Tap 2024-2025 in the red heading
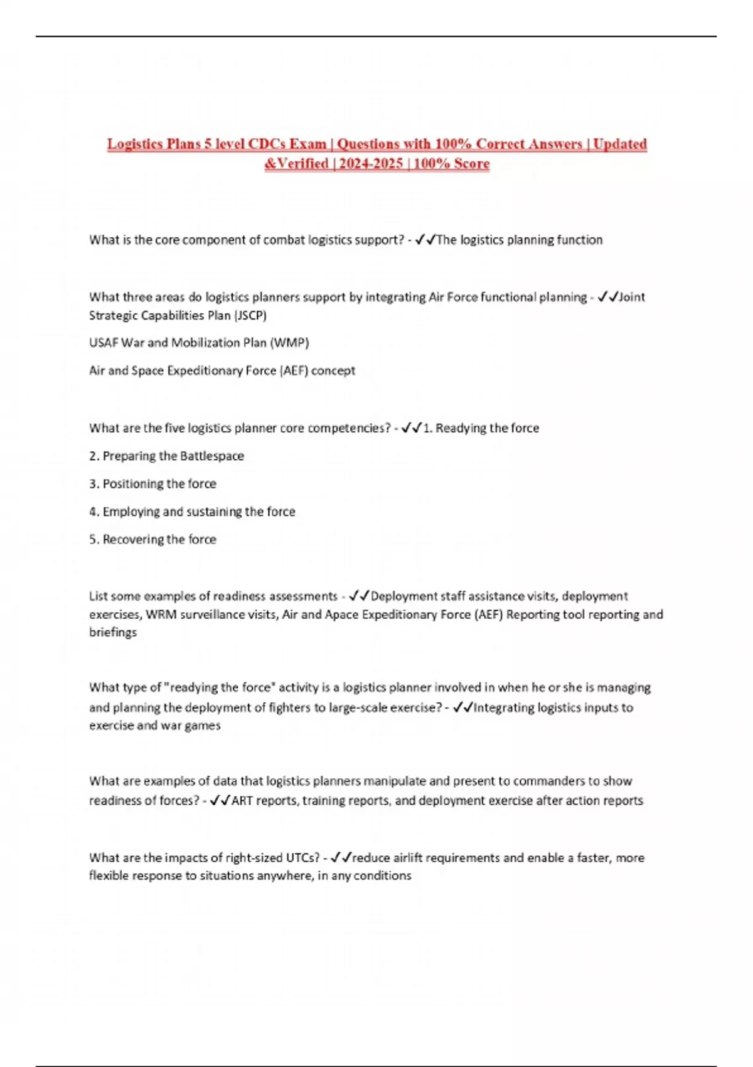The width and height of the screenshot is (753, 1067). point(371,164)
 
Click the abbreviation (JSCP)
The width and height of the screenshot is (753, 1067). point(250,315)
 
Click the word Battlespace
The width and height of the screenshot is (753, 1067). point(211,456)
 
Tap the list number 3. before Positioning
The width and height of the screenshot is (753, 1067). point(94,484)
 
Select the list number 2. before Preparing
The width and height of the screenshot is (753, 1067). point(94,456)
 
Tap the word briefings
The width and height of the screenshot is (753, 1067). point(113,632)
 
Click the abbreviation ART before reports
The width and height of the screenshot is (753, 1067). point(242,800)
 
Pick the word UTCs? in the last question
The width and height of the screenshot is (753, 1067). point(302,857)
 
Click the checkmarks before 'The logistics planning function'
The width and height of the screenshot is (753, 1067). point(425,240)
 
